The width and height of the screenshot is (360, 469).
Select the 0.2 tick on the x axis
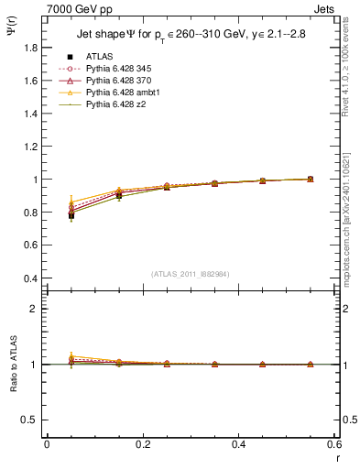[142, 443]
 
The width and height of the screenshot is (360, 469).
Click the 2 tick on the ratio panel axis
[37, 309]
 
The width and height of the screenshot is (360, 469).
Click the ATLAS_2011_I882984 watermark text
[191, 273]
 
